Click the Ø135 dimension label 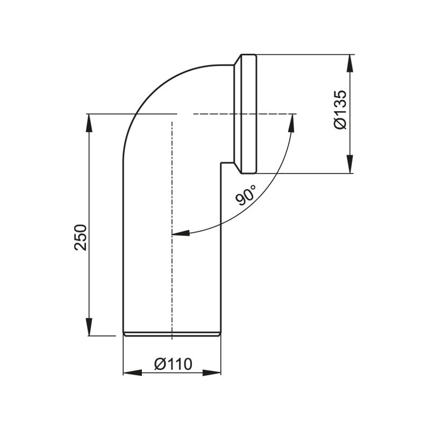click(341, 110)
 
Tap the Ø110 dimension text click(173, 364)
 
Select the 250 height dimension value click(81, 238)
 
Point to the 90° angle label click(245, 195)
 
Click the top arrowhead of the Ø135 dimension click(350, 64)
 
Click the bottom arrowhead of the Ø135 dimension click(350, 164)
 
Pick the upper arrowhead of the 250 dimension click(89, 123)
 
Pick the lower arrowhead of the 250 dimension click(89, 326)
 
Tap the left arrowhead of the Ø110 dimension click(132, 373)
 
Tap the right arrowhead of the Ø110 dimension click(212, 373)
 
